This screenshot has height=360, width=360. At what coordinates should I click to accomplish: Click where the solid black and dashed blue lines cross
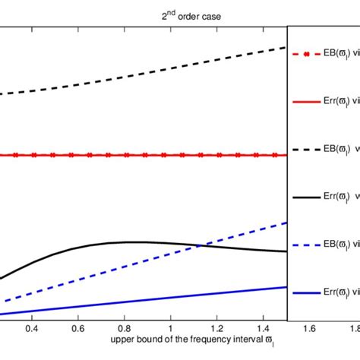(200, 245)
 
